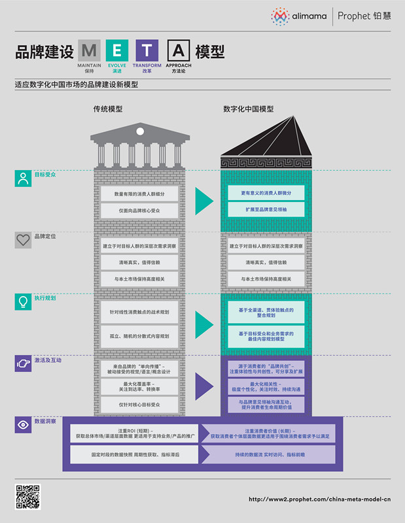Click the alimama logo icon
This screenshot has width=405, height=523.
pos(280,16)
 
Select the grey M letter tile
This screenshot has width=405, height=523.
pos(90,50)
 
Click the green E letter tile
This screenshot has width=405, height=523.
pos(118,50)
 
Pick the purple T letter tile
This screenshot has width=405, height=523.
pos(147,50)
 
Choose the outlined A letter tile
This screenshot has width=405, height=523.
pos(179,50)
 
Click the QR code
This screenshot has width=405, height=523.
pos(28,498)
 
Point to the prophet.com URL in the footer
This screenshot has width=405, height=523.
pos(309,499)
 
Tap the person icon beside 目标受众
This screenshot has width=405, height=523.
pos(24,178)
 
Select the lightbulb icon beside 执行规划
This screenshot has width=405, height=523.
pos(24,301)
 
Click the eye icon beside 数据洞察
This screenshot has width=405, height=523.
pos(24,424)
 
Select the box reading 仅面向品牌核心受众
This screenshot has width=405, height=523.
pos(139,211)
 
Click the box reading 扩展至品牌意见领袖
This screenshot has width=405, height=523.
pos(266,209)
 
